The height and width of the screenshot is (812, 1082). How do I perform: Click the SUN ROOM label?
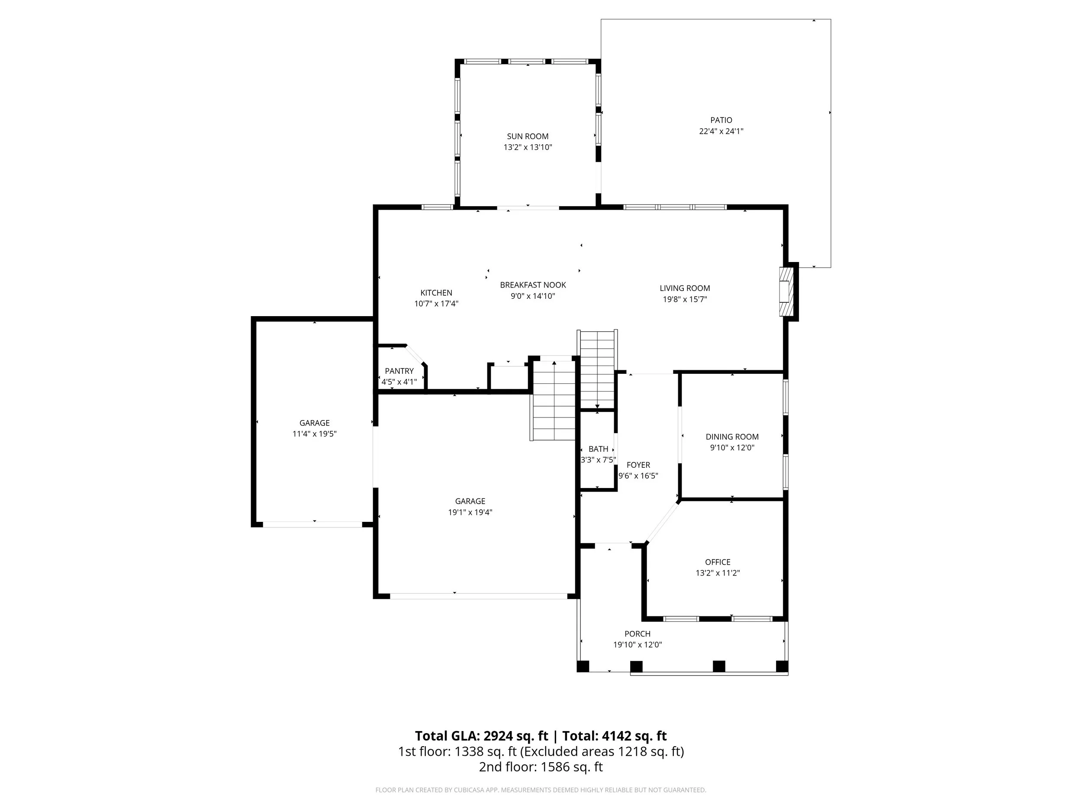pyautogui.click(x=527, y=136)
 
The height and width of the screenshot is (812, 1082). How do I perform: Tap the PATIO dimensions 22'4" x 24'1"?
pyautogui.click(x=721, y=131)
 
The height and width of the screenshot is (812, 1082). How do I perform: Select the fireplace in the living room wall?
pyautogui.click(x=784, y=292)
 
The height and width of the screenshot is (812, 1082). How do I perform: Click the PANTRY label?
pyautogui.click(x=399, y=371)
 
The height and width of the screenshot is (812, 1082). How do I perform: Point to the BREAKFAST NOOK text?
pyautogui.click(x=533, y=285)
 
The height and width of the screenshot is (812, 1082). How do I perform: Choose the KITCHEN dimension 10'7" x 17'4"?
pyautogui.click(x=436, y=304)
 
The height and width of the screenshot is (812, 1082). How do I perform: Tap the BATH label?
pyautogui.click(x=598, y=449)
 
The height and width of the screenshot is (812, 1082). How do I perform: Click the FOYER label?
pyautogui.click(x=638, y=465)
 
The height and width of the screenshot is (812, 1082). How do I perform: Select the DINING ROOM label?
pyautogui.click(x=732, y=437)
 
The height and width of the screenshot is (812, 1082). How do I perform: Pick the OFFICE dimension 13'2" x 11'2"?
pyautogui.click(x=718, y=573)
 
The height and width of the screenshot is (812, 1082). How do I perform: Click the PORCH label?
pyautogui.click(x=638, y=634)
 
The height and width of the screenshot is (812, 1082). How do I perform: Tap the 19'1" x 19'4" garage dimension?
pyautogui.click(x=470, y=512)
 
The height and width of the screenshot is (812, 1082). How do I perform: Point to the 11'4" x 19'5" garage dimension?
pyautogui.click(x=315, y=433)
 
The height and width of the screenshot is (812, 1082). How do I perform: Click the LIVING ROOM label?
pyautogui.click(x=684, y=288)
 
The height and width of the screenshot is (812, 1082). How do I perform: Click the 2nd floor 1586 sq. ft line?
pyautogui.click(x=541, y=767)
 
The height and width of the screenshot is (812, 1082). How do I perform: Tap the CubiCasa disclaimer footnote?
pyautogui.click(x=541, y=790)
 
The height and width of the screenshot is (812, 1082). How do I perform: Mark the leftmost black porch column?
pyautogui.click(x=583, y=666)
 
